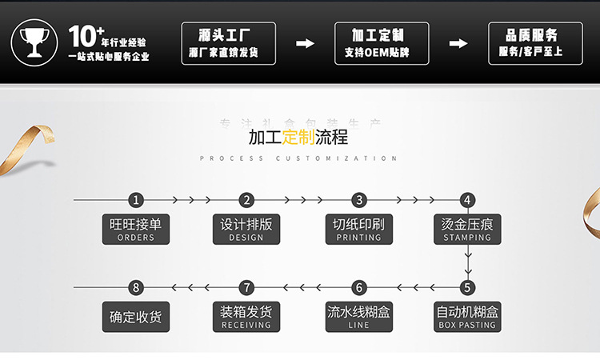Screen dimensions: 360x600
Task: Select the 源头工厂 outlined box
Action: pos(229,43)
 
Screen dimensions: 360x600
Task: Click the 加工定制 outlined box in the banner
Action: pos(381,43)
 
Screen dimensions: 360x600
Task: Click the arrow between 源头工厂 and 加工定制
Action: pos(305,43)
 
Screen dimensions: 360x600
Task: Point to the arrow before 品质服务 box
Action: pos(458,43)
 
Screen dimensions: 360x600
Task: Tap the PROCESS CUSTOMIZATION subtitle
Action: pos(298,158)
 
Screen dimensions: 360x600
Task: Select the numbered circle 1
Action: pos(137,200)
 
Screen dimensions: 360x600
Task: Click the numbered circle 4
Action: pos(468,200)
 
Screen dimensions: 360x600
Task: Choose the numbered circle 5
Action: pos(468,287)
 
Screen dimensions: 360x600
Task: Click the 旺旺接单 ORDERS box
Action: pos(135,229)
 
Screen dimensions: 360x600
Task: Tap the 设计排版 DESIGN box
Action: pos(246,229)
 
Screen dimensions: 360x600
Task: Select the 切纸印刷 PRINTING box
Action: pos(358,229)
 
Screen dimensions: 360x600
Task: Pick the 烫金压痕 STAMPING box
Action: pos(467,229)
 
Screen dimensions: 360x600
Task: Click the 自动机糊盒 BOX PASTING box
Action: pos(467,316)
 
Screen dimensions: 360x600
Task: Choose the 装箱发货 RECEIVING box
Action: pos(246,316)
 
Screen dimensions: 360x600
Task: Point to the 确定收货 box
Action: pos(135,316)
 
